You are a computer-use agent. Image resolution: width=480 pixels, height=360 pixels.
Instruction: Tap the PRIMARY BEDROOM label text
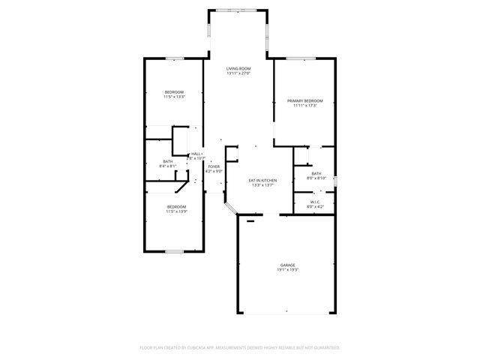coord(304,100)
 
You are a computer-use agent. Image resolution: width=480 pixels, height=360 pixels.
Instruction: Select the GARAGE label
coord(288,264)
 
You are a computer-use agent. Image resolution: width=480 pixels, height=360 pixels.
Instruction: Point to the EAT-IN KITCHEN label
coord(262,180)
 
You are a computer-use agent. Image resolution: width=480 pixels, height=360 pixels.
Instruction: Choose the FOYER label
coord(214,166)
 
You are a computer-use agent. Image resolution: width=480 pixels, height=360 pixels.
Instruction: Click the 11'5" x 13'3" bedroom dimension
coord(174,97)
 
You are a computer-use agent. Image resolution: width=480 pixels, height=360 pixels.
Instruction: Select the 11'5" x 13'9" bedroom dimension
coord(176,211)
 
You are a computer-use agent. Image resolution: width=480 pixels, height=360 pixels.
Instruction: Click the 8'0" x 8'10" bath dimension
coord(316,178)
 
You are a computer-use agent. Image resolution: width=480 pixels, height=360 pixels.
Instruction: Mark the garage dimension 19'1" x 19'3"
coord(288,269)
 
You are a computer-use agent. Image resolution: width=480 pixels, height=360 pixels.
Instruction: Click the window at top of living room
coord(238,10)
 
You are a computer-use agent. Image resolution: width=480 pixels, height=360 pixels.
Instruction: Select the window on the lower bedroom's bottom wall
coord(175,250)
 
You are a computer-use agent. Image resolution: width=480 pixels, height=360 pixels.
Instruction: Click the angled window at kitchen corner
coord(231,208)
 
